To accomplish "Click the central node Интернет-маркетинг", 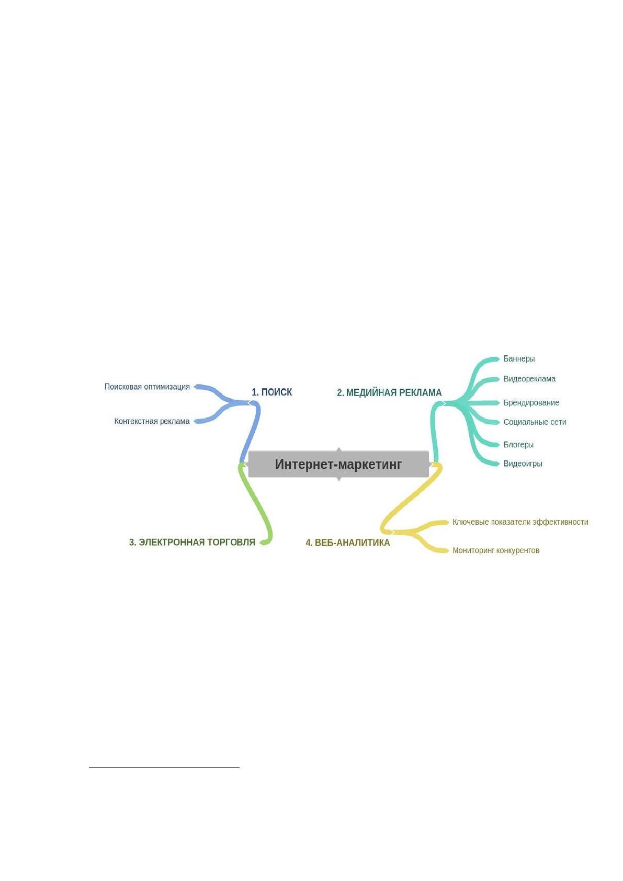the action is pyautogui.click(x=338, y=464).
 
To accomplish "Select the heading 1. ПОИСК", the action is pyautogui.click(x=272, y=392).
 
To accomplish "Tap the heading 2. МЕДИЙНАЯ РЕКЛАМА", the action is pyautogui.click(x=389, y=392).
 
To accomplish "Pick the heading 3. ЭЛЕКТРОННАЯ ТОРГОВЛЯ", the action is pyautogui.click(x=192, y=543).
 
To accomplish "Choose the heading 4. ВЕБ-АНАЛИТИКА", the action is pyautogui.click(x=348, y=543).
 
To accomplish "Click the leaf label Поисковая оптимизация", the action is pyautogui.click(x=147, y=387).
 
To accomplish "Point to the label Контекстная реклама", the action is pyautogui.click(x=152, y=421).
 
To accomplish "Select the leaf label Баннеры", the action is pyautogui.click(x=519, y=359).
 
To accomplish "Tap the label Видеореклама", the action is pyautogui.click(x=529, y=379).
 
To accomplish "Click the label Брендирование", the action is pyautogui.click(x=531, y=403).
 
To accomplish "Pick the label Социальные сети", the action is pyautogui.click(x=535, y=422).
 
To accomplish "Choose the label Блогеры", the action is pyautogui.click(x=518, y=445).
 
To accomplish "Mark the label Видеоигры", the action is pyautogui.click(x=523, y=464).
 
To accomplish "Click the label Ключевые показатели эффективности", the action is pyautogui.click(x=520, y=522).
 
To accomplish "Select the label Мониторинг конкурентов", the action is pyautogui.click(x=496, y=550).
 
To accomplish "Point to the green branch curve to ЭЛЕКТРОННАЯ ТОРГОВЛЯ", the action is pyautogui.click(x=257, y=503).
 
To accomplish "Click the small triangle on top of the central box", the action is pyautogui.click(x=338, y=449).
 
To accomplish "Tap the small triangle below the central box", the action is pyautogui.click(x=338, y=479).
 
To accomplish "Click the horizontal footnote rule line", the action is pyautogui.click(x=164, y=767).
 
